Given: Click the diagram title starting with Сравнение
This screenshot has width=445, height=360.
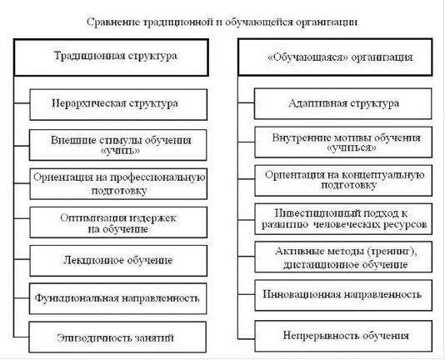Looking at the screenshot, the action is [x=222, y=22].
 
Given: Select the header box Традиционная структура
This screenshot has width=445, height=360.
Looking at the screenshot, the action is [x=112, y=57].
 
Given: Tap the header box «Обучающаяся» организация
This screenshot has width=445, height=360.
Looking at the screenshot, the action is [x=335, y=57].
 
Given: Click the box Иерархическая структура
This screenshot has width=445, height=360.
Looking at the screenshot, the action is [x=118, y=104].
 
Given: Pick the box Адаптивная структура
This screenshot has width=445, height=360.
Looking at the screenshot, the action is [x=343, y=103].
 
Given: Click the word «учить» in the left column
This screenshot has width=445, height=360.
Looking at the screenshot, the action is [x=120, y=151].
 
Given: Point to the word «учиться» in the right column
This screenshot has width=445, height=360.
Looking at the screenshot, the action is [x=352, y=148].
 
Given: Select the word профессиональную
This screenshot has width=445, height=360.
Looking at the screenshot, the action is [x=157, y=177].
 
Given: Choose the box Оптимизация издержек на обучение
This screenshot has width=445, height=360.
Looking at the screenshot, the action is [x=118, y=222].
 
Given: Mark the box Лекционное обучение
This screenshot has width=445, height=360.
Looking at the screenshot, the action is [x=118, y=261].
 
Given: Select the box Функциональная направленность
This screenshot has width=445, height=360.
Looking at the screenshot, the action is [x=118, y=298].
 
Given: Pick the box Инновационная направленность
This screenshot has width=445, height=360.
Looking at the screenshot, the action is [x=343, y=295].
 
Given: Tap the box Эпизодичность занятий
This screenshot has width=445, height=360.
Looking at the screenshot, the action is [x=117, y=337].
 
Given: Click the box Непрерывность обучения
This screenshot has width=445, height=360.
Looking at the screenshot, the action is [x=343, y=336].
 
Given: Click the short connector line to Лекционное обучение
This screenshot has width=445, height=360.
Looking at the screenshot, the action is [x=22, y=259].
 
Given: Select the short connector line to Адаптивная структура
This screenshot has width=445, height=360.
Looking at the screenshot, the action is [x=247, y=102].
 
